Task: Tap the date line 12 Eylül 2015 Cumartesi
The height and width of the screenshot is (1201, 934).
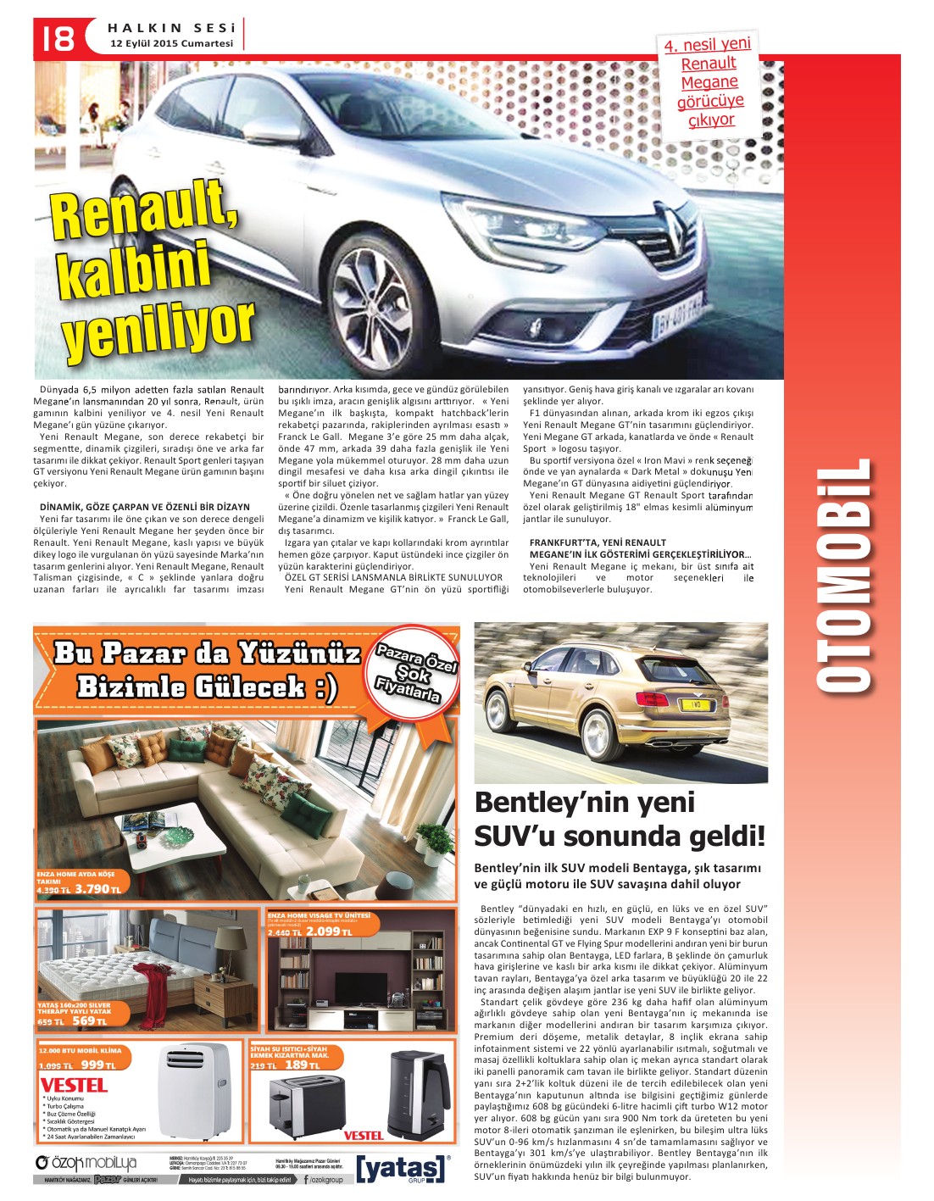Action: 171,43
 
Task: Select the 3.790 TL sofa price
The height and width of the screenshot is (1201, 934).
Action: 97,889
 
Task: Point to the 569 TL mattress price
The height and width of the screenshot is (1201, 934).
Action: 89,1021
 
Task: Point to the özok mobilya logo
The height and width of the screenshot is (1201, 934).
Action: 86,1162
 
